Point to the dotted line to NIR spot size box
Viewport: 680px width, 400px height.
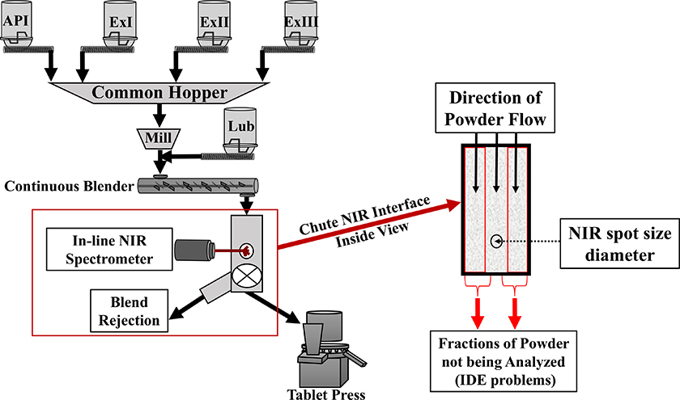[x=535, y=240]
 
